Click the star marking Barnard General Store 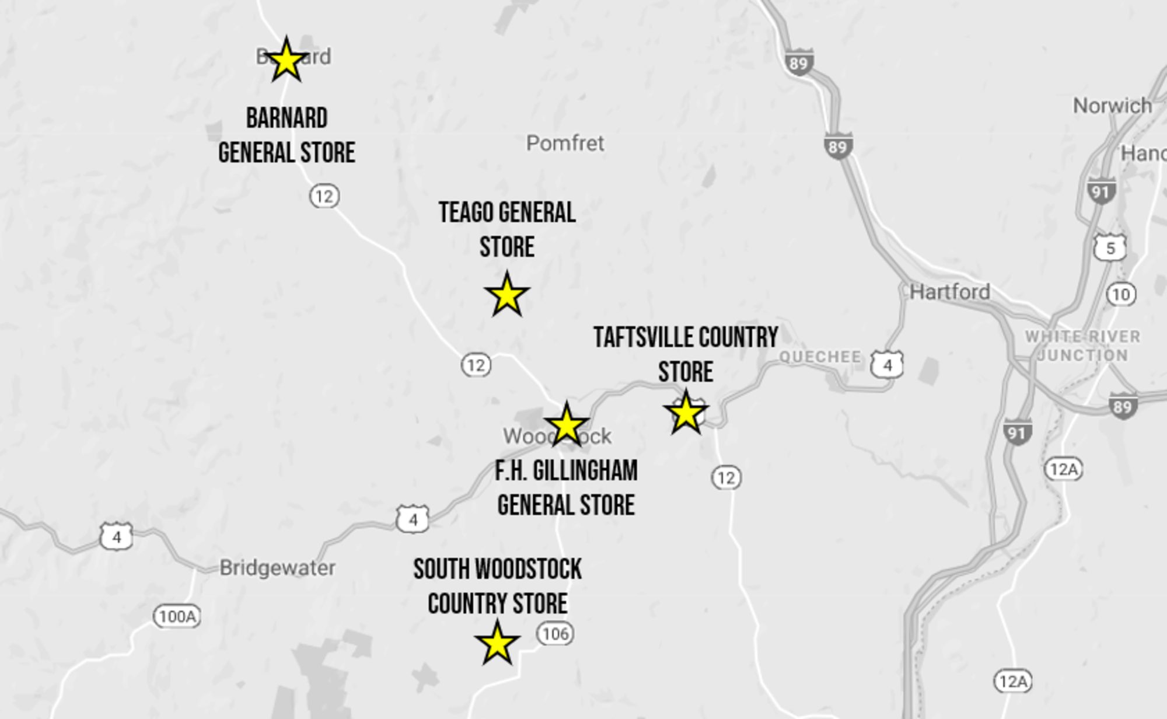click(286, 61)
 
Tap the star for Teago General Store click(507, 295)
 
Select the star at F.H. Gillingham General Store click(566, 425)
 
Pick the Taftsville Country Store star click(686, 413)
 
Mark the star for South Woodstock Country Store click(497, 644)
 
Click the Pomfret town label click(565, 143)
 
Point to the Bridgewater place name click(277, 568)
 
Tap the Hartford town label click(949, 292)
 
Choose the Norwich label click(1112, 106)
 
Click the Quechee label click(820, 357)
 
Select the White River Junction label click(1082, 345)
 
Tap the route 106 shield click(555, 634)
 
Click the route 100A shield click(177, 616)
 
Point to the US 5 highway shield click(1110, 248)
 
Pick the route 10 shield click(1121, 294)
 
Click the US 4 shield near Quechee click(887, 365)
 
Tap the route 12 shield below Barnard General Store click(324, 196)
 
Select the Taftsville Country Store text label click(686, 354)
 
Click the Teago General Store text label click(507, 229)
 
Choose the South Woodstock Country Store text click(497, 586)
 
